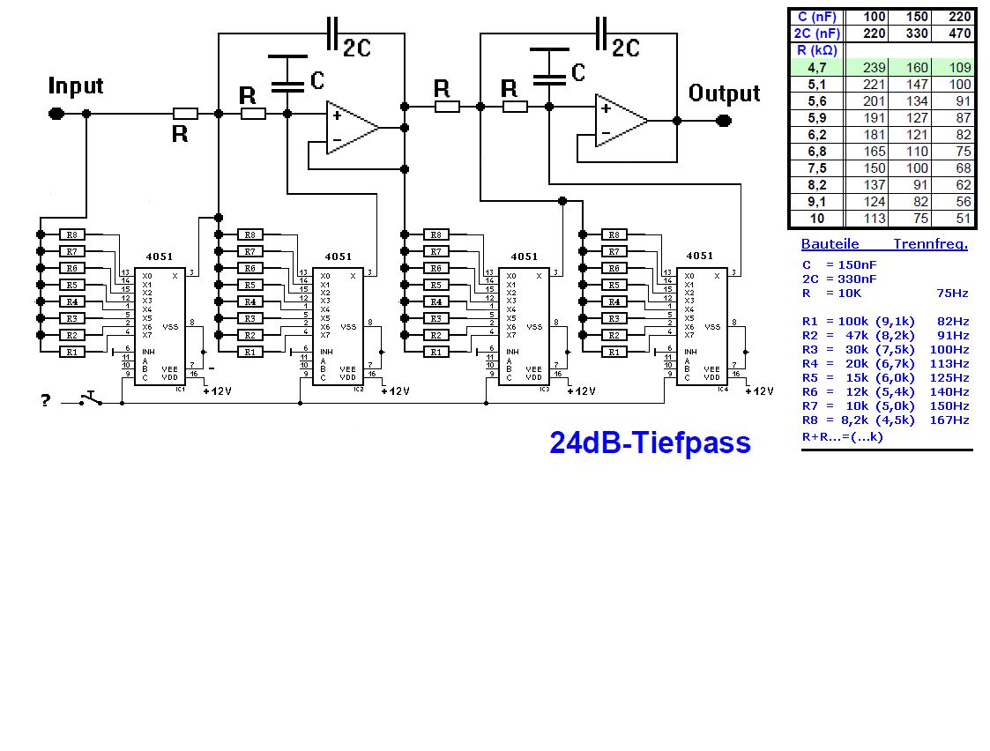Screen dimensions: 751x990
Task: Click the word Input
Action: click(x=76, y=86)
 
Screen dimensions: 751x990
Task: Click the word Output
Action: click(x=724, y=93)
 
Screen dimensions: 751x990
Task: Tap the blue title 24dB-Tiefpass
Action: click(x=650, y=442)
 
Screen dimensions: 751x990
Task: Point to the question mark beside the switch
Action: click(x=45, y=402)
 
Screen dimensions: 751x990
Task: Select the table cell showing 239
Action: click(x=869, y=68)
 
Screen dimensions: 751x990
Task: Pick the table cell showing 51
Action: click(x=957, y=219)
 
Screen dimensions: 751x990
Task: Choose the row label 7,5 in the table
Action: click(x=817, y=168)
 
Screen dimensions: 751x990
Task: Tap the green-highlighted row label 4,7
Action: click(x=817, y=68)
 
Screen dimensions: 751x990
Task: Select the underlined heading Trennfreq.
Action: click(x=930, y=244)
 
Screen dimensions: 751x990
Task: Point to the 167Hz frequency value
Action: click(x=949, y=420)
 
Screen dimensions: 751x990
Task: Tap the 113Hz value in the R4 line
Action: click(x=949, y=363)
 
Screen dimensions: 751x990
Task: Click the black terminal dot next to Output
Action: click(x=724, y=121)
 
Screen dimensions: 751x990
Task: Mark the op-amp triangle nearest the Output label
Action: click(x=621, y=121)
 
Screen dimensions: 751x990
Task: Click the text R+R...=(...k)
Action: click(x=842, y=436)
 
